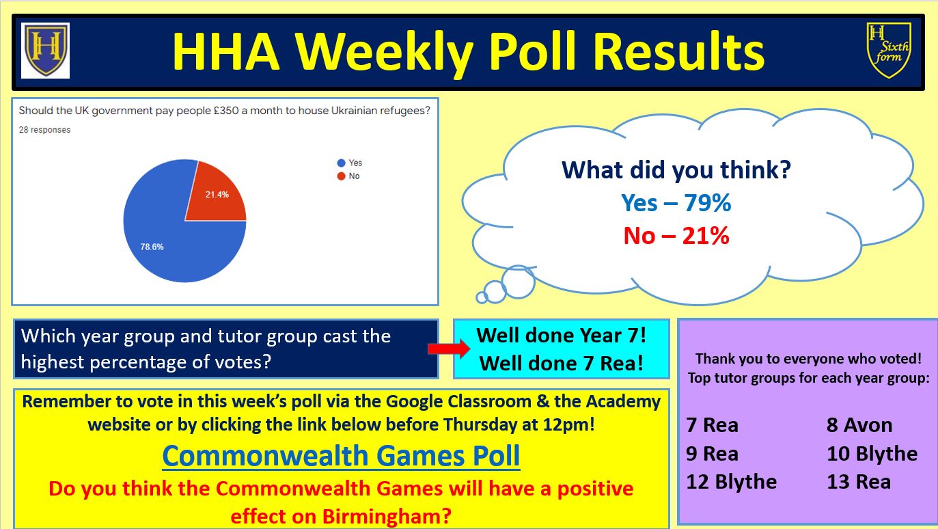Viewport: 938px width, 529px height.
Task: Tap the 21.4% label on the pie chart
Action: click(217, 195)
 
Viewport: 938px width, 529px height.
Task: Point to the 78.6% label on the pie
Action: click(152, 247)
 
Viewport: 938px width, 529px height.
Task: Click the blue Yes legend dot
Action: click(342, 163)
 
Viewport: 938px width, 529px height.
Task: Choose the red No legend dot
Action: click(342, 176)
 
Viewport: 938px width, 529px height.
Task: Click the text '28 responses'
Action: click(45, 130)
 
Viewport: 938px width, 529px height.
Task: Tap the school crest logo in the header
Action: click(46, 51)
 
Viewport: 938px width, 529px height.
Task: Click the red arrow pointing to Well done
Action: click(449, 349)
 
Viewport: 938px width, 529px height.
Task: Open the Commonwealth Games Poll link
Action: click(342, 456)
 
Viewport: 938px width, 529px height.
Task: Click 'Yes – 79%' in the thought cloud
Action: click(676, 203)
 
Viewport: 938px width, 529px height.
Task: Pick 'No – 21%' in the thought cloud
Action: click(676, 236)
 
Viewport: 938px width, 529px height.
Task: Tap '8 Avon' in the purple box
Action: click(859, 425)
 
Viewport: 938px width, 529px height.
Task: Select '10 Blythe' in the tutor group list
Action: click(872, 454)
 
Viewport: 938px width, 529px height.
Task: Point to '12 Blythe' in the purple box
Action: click(731, 482)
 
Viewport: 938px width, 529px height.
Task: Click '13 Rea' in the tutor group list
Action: click(859, 482)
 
